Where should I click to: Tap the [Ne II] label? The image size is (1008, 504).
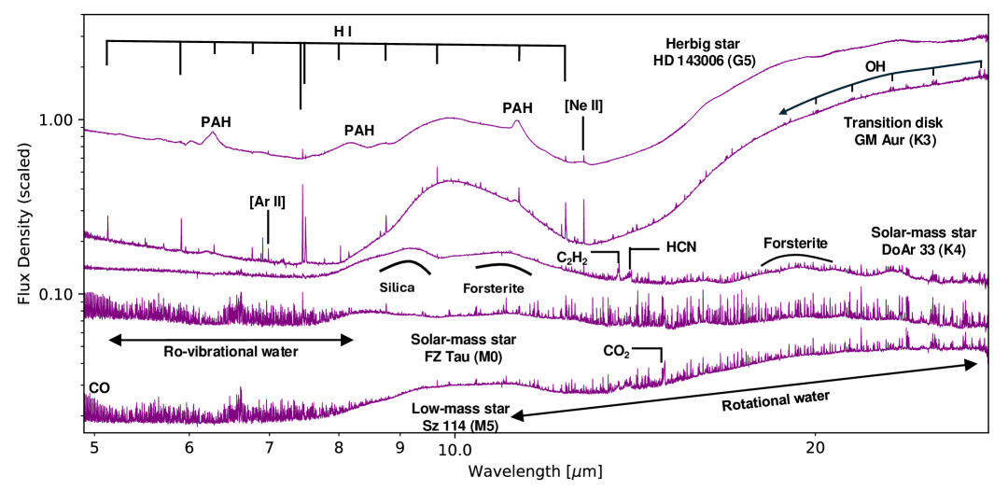(583, 105)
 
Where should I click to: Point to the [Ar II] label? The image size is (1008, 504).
(267, 202)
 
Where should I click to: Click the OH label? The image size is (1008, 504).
(875, 66)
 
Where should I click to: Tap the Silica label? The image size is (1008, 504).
(397, 287)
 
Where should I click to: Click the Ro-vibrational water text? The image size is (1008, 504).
(231, 352)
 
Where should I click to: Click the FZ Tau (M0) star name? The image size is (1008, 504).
(464, 355)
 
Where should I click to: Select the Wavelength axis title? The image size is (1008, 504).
(535, 471)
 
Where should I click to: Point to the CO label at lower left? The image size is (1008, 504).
(97, 386)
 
